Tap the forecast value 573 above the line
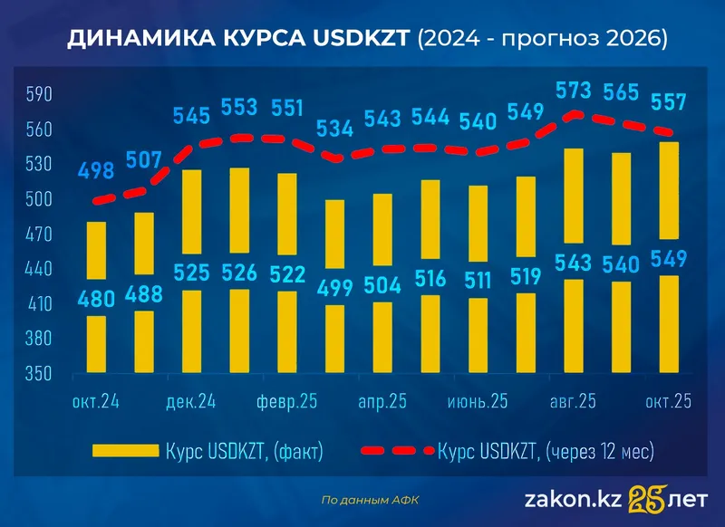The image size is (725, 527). [573, 91]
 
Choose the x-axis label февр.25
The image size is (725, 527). [286, 401]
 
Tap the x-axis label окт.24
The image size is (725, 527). [97, 401]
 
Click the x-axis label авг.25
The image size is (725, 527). [573, 401]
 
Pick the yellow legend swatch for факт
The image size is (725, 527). [124, 449]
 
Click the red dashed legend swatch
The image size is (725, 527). [396, 449]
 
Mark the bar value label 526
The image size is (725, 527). [239, 272]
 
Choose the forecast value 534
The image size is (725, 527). [334, 128]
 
